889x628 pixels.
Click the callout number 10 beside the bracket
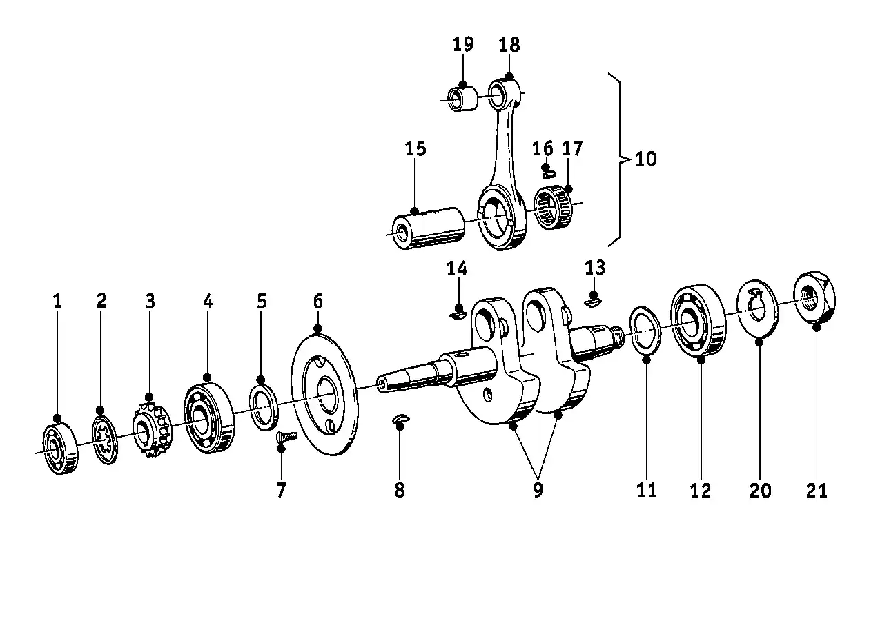tap(645, 159)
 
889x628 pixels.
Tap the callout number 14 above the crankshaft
tap(456, 268)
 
